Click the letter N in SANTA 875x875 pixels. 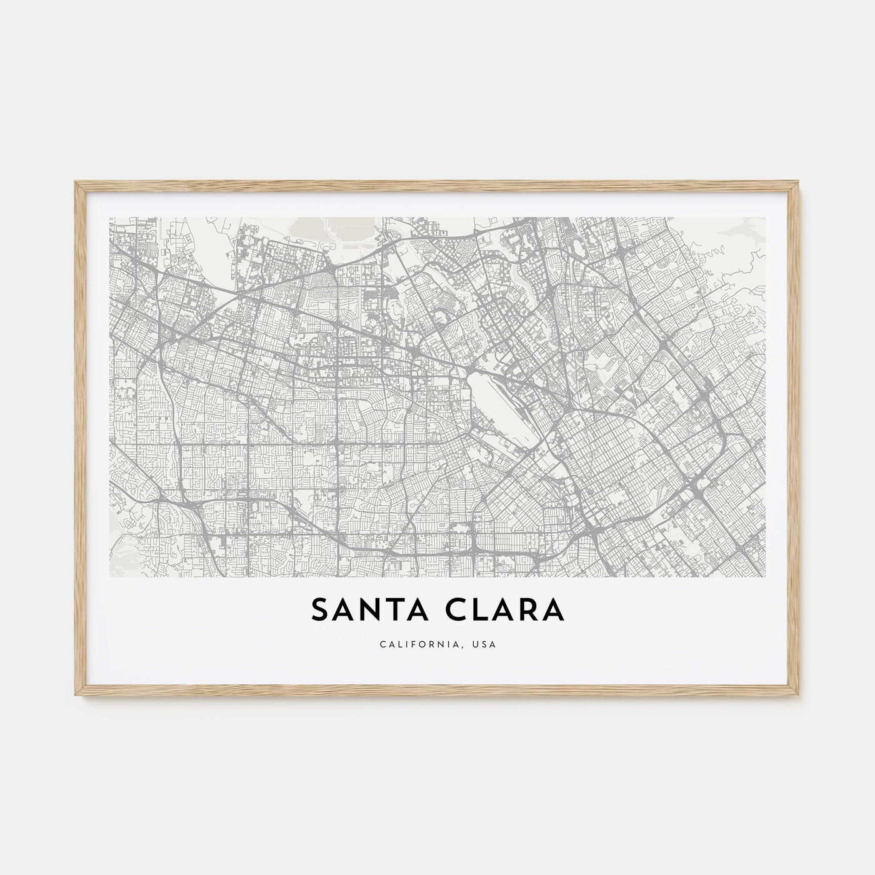tap(370, 611)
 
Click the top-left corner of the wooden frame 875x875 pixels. tap(75, 182)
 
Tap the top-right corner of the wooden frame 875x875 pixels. tap(800, 182)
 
